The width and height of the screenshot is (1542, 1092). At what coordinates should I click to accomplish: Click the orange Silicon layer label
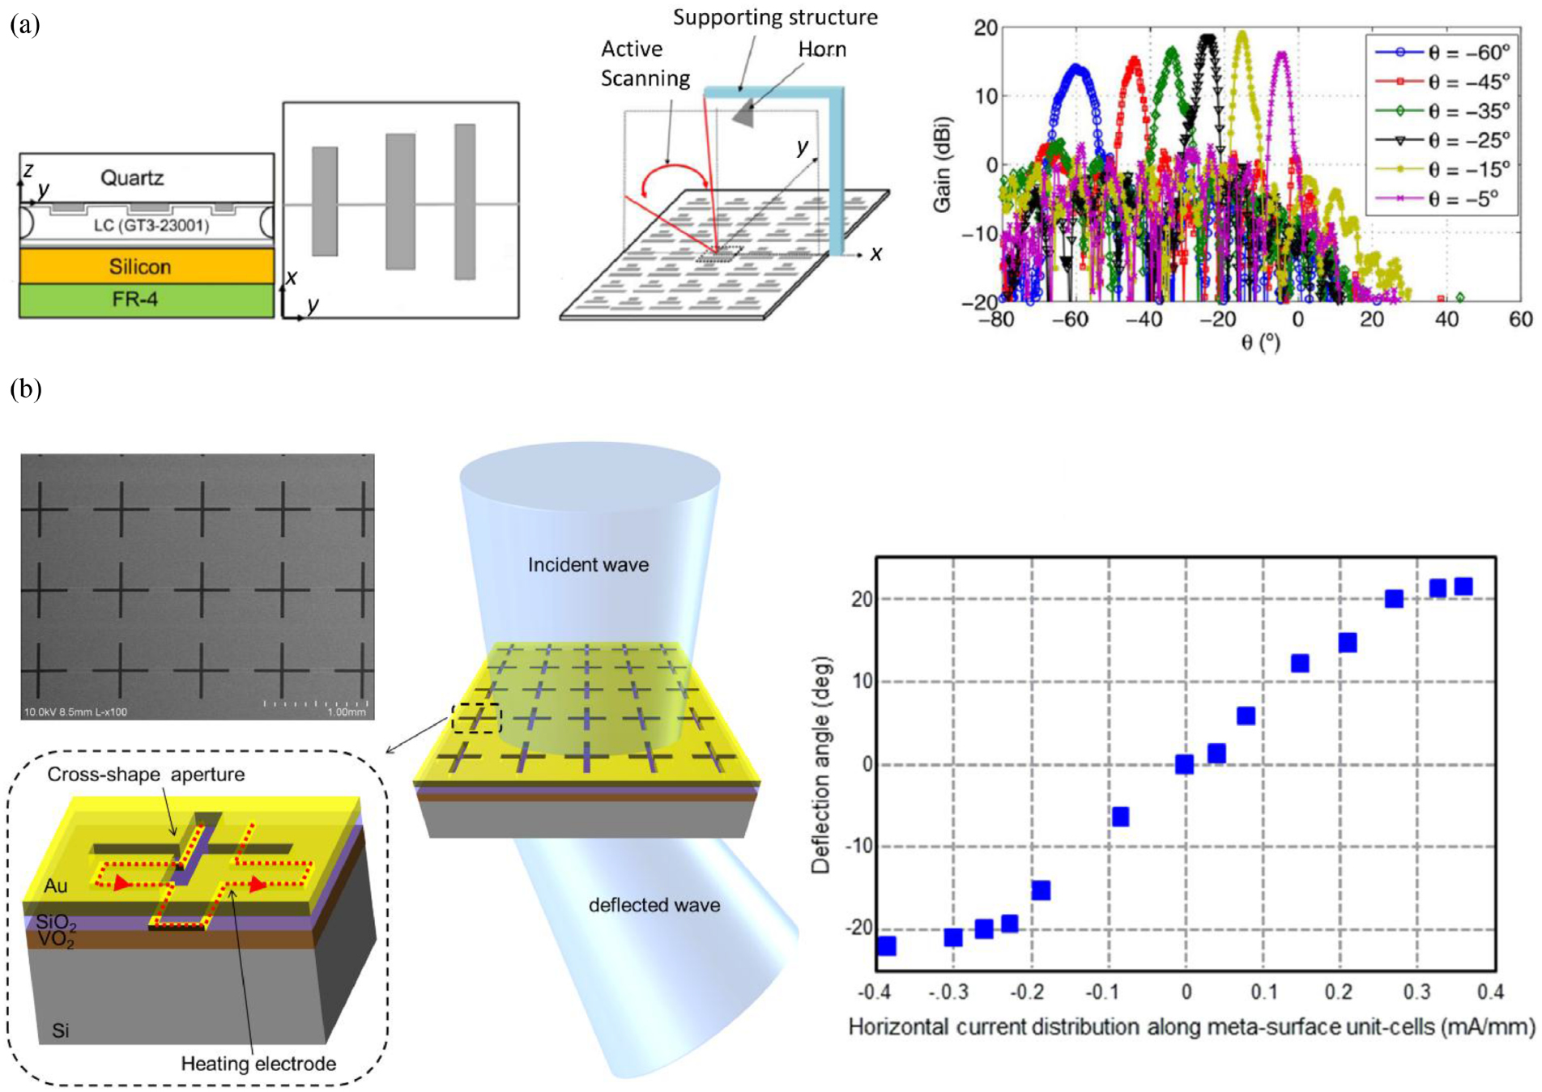[140, 266]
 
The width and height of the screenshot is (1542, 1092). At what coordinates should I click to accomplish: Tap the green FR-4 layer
[135, 300]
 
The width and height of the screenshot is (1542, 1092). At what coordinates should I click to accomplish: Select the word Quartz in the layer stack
[132, 177]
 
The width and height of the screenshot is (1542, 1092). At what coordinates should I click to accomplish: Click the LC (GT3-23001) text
[151, 225]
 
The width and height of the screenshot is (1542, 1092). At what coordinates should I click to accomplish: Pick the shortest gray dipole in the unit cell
[325, 201]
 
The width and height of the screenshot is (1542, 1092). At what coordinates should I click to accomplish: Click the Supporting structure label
[775, 18]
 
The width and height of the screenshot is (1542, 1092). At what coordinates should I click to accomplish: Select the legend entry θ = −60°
[1468, 53]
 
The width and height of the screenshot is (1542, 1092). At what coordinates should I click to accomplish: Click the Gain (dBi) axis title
[942, 165]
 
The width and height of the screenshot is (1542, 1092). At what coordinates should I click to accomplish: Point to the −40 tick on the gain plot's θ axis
[1144, 320]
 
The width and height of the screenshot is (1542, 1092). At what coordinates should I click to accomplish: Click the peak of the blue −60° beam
[1076, 67]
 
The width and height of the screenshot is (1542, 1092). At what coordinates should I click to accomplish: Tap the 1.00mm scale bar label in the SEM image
[346, 712]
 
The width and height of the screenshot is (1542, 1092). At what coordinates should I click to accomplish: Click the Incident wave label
[588, 564]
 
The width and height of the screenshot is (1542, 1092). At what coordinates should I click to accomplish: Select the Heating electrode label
[258, 1063]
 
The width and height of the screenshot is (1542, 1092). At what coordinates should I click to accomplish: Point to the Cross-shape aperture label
[146, 774]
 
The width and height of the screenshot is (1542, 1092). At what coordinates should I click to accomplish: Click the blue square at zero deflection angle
[1184, 764]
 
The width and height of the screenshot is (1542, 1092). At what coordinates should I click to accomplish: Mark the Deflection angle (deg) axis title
[821, 764]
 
